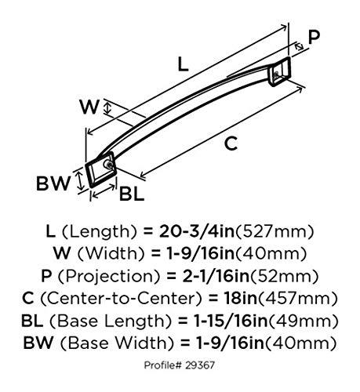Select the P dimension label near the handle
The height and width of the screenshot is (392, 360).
[314, 38]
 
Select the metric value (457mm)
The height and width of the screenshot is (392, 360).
[293, 299]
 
